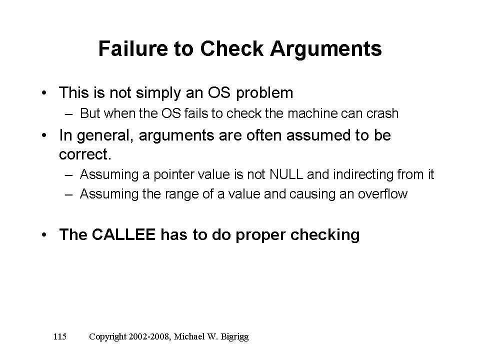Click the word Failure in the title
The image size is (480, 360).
point(133,48)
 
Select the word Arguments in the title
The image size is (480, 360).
point(326,49)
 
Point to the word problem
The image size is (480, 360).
point(264,93)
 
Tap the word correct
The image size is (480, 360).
point(84,154)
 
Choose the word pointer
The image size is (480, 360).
point(173,175)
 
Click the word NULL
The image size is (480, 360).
point(286,174)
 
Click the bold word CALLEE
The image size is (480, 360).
point(123,234)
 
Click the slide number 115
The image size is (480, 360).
point(60,336)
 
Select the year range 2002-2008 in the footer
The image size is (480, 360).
point(149,336)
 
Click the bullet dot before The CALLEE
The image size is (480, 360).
point(44,235)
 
